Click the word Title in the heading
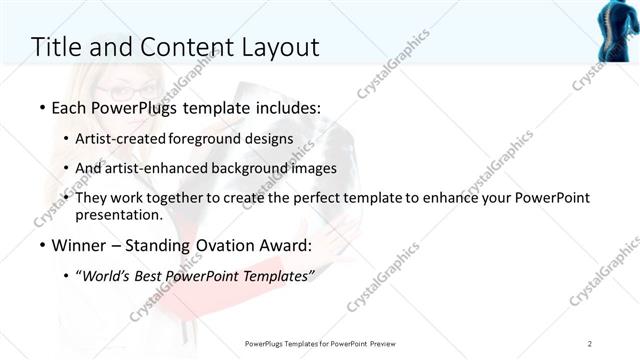(57, 47)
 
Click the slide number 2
(590, 344)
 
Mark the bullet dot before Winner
(41, 245)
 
